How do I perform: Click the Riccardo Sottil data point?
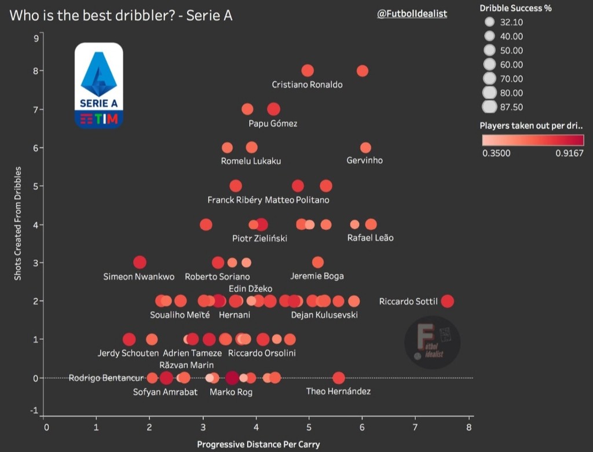[x=447, y=301]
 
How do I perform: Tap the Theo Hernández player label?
[x=338, y=391]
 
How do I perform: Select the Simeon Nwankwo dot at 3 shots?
[x=140, y=262]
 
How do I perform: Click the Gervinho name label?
[x=364, y=160]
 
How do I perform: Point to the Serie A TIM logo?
[x=99, y=85]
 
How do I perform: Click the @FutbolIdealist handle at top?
[x=412, y=14]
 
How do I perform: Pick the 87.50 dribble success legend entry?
[x=490, y=106]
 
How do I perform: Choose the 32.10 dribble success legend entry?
[x=490, y=23]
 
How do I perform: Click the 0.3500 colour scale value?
[x=496, y=153]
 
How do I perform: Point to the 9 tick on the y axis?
[x=36, y=39]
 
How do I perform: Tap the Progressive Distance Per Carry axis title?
[x=258, y=444]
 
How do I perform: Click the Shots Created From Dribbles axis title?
[x=18, y=223]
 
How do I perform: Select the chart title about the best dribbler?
[x=121, y=16]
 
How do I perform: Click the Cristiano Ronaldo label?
[x=307, y=84]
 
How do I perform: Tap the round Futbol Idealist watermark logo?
[x=432, y=343]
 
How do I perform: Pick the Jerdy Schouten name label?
[x=127, y=353]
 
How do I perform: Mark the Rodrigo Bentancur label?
[x=106, y=378]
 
